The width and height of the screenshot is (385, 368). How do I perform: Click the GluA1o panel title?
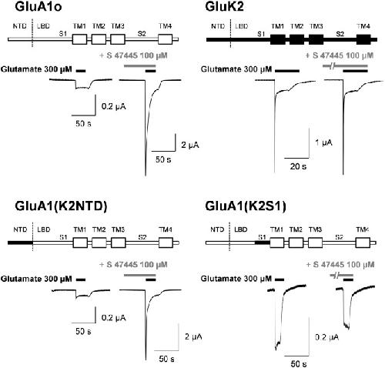pos(38,6)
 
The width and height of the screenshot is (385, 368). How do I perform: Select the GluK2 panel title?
pos(224,6)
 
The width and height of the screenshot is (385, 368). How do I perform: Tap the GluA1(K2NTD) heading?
pos(61,206)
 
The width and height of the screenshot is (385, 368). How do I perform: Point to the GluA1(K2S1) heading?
pos(246,206)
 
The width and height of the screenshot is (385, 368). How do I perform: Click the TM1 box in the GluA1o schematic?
pos(79,39)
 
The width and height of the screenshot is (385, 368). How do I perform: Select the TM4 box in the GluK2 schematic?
pos(363,39)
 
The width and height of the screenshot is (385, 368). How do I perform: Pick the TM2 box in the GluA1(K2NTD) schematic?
pos(99,243)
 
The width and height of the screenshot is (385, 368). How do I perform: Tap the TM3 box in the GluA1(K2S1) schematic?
pos(315,243)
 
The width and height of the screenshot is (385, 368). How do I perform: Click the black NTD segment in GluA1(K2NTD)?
pos(20,243)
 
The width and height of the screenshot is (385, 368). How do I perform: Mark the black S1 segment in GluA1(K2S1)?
pos(263,243)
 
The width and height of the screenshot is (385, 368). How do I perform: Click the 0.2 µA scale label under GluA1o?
pos(113,106)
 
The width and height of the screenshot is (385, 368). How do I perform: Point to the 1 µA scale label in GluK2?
pos(323,142)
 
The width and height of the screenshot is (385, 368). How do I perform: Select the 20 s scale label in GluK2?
pos(298,166)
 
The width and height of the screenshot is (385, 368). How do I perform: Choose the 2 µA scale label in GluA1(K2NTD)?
pos(193,336)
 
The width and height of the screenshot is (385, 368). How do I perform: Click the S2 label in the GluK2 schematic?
pos(340,34)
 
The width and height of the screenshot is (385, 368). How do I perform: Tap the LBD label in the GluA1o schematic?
pos(43,26)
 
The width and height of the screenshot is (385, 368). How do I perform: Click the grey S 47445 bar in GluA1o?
pos(139,65)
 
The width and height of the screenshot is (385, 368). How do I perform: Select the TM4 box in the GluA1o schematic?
pos(166,39)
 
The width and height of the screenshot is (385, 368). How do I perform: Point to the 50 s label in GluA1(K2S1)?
pos(299,363)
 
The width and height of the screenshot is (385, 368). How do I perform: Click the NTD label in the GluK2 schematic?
pos(218,26)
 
